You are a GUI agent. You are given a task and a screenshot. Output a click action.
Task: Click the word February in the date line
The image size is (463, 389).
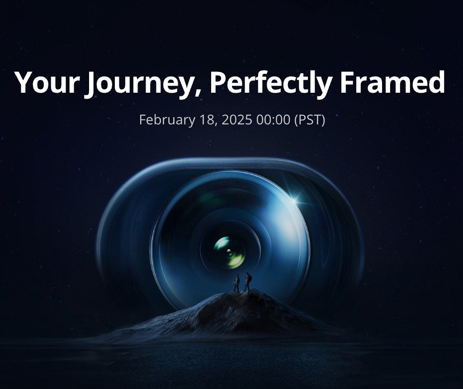pyautogui.click(x=167, y=120)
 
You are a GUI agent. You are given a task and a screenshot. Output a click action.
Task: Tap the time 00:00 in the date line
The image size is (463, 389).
pyautogui.click(x=273, y=119)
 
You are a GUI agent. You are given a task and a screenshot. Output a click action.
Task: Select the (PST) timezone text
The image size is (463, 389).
pyautogui.click(x=310, y=120)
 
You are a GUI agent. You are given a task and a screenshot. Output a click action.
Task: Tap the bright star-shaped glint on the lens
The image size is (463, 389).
pyautogui.click(x=293, y=201)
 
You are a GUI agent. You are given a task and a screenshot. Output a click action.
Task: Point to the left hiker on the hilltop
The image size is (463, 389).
pyautogui.click(x=236, y=283)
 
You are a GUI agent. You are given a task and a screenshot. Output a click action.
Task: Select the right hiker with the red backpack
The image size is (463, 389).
pyautogui.click(x=247, y=282)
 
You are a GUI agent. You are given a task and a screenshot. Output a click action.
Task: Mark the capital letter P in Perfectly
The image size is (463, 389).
pyautogui.click(x=218, y=82)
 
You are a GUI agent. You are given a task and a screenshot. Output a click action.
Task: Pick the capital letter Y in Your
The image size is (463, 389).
pyautogui.click(x=24, y=82)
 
